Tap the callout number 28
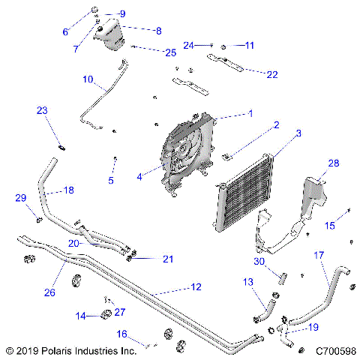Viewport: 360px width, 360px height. [x=333, y=163]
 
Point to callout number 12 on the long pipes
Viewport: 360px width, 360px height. [x=195, y=287]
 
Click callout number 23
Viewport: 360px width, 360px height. [x=43, y=110]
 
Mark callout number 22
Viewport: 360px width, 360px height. [x=271, y=73]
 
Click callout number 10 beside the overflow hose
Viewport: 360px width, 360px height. [x=88, y=79]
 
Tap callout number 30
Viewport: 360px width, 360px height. [x=259, y=262]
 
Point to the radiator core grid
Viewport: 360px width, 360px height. [x=244, y=191]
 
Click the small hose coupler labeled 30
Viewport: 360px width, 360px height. [x=284, y=278]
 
